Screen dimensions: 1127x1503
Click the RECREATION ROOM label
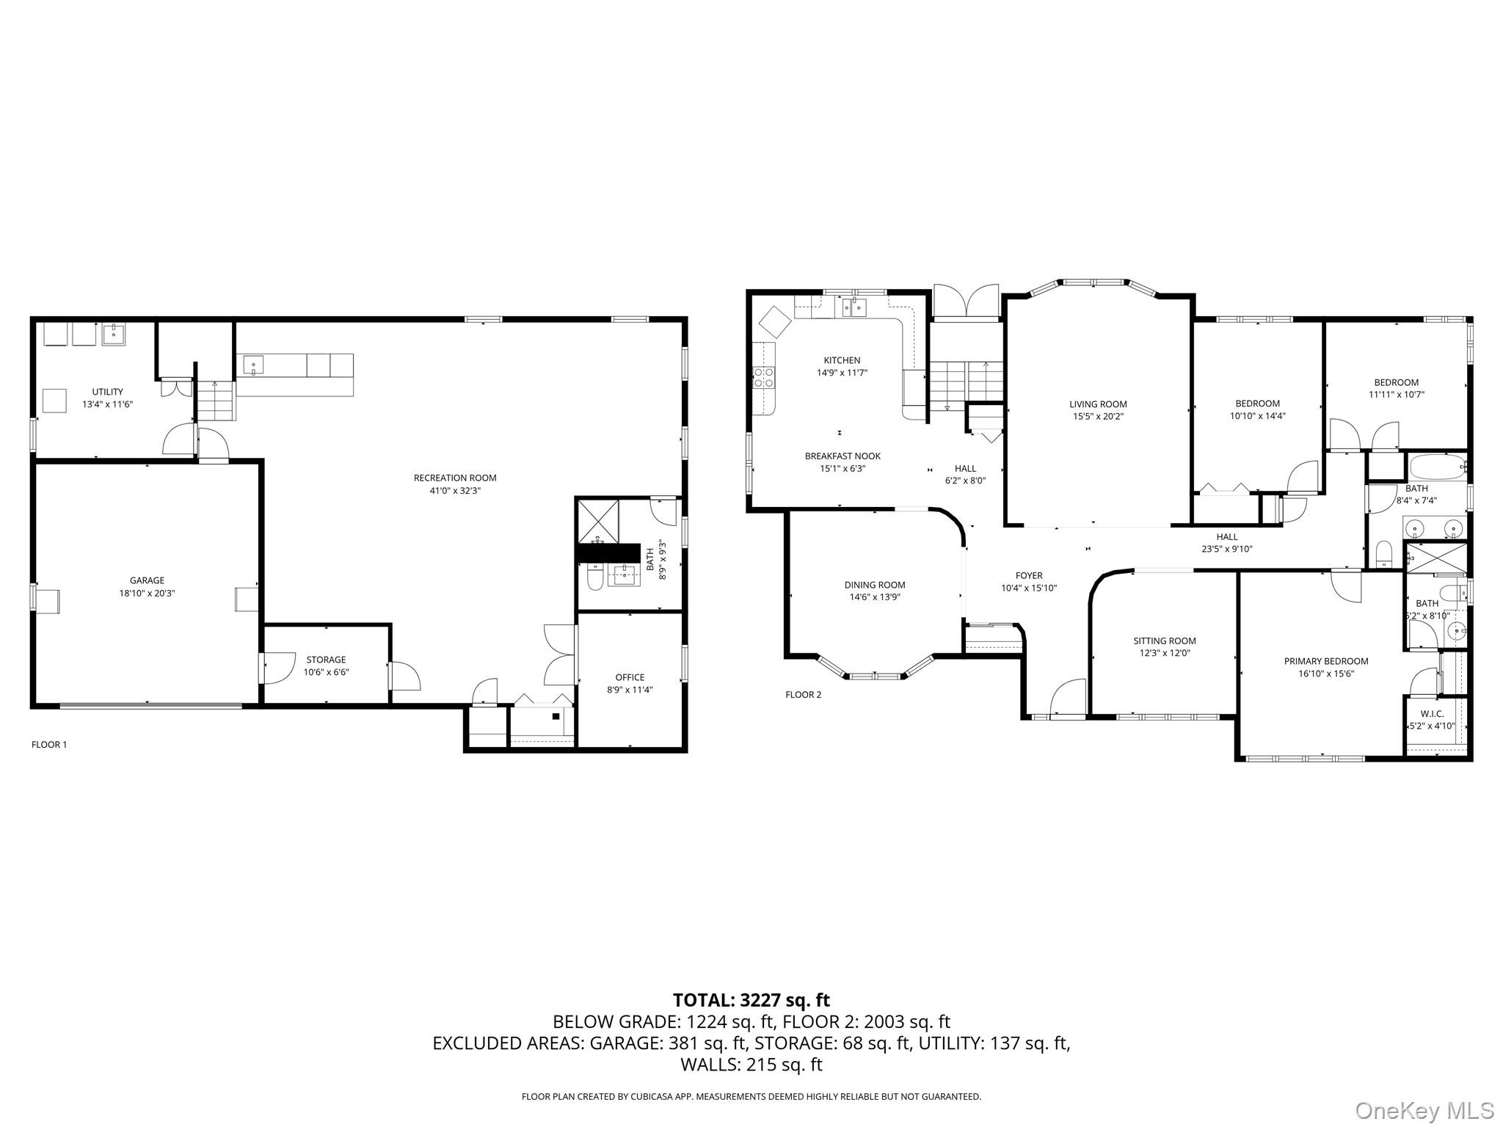455,478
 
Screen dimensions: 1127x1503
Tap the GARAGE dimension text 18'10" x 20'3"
148,594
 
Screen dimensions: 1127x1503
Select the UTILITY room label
107,392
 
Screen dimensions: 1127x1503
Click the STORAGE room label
326,660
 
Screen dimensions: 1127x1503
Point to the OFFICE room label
630,677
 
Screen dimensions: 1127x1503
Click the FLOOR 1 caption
49,745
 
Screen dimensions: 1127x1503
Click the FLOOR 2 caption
803,695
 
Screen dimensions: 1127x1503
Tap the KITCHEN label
842,360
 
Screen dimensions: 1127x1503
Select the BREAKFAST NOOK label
843,456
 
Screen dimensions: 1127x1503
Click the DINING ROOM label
875,585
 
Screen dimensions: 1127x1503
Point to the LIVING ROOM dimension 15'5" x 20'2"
1098,417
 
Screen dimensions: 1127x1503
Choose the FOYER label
1029,576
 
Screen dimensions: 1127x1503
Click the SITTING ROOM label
1165,641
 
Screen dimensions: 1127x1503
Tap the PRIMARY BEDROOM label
1326,661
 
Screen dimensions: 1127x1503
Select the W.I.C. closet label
1432,714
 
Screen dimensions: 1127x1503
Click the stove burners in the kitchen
764,378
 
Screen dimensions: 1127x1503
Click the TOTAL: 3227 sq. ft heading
751,1000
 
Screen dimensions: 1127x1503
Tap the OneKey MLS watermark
1424,1110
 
